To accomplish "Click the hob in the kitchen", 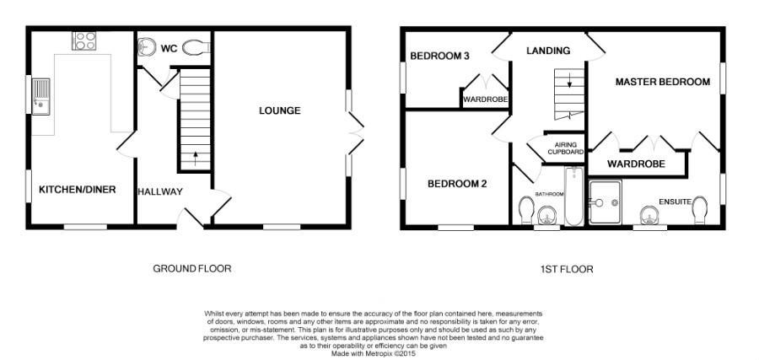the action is point(83,40).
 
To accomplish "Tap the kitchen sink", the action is point(40,96).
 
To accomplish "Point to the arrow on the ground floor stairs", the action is point(196,159).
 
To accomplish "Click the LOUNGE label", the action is point(280,110).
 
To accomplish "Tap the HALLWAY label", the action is point(160,191).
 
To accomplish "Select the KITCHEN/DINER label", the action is point(78,190).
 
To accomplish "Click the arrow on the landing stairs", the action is point(570,80).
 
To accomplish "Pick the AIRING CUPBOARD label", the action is point(565,148).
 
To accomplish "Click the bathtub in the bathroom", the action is point(574,196).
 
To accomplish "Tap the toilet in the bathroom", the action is point(525,210).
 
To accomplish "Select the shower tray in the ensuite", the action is point(605,202).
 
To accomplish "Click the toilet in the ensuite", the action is point(699,210).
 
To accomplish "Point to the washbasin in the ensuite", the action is point(649,216).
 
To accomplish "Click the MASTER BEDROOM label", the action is point(663,82).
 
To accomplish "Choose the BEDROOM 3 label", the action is point(439,56).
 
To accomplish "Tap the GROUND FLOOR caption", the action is point(192,269).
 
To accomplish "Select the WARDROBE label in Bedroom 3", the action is point(486,99).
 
